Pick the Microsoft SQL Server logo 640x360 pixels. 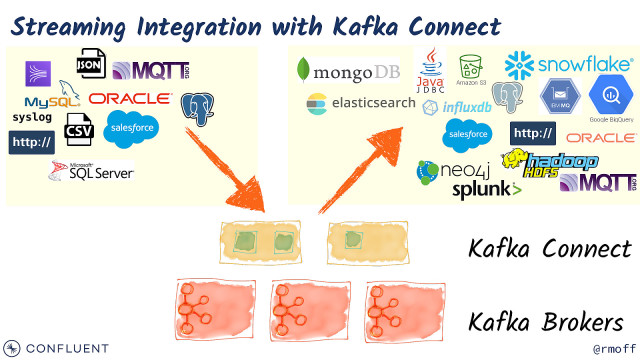[x=91, y=172]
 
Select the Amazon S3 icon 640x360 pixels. [x=471, y=69]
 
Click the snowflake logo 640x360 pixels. [x=569, y=65]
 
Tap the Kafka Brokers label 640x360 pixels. [x=549, y=322]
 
